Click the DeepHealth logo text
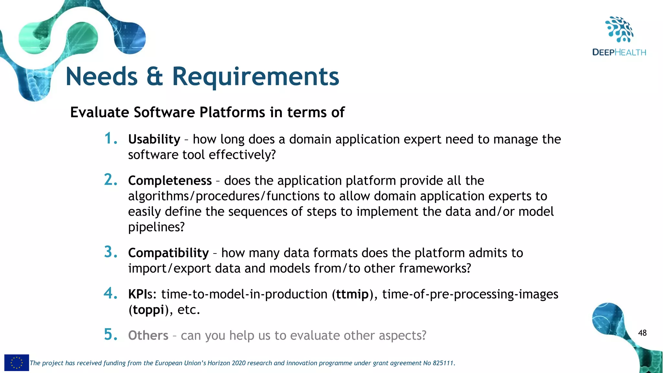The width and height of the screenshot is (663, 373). click(619, 52)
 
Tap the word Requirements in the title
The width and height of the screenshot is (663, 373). click(255, 77)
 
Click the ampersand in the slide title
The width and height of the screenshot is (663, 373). click(154, 77)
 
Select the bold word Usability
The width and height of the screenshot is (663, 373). click(154, 139)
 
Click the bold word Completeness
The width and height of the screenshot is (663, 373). click(170, 181)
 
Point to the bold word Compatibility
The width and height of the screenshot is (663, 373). click(168, 253)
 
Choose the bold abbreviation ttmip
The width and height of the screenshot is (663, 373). click(352, 294)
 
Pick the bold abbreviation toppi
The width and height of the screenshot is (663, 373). click(148, 310)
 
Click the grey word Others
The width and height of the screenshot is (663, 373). click(148, 335)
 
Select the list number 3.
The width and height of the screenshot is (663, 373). click(110, 252)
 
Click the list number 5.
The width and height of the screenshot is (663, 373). click(110, 335)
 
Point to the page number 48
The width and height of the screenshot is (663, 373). click(642, 333)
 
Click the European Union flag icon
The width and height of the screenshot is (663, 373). click(17, 363)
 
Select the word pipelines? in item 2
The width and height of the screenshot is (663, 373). click(156, 227)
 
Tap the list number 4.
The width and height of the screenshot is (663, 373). click(110, 293)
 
